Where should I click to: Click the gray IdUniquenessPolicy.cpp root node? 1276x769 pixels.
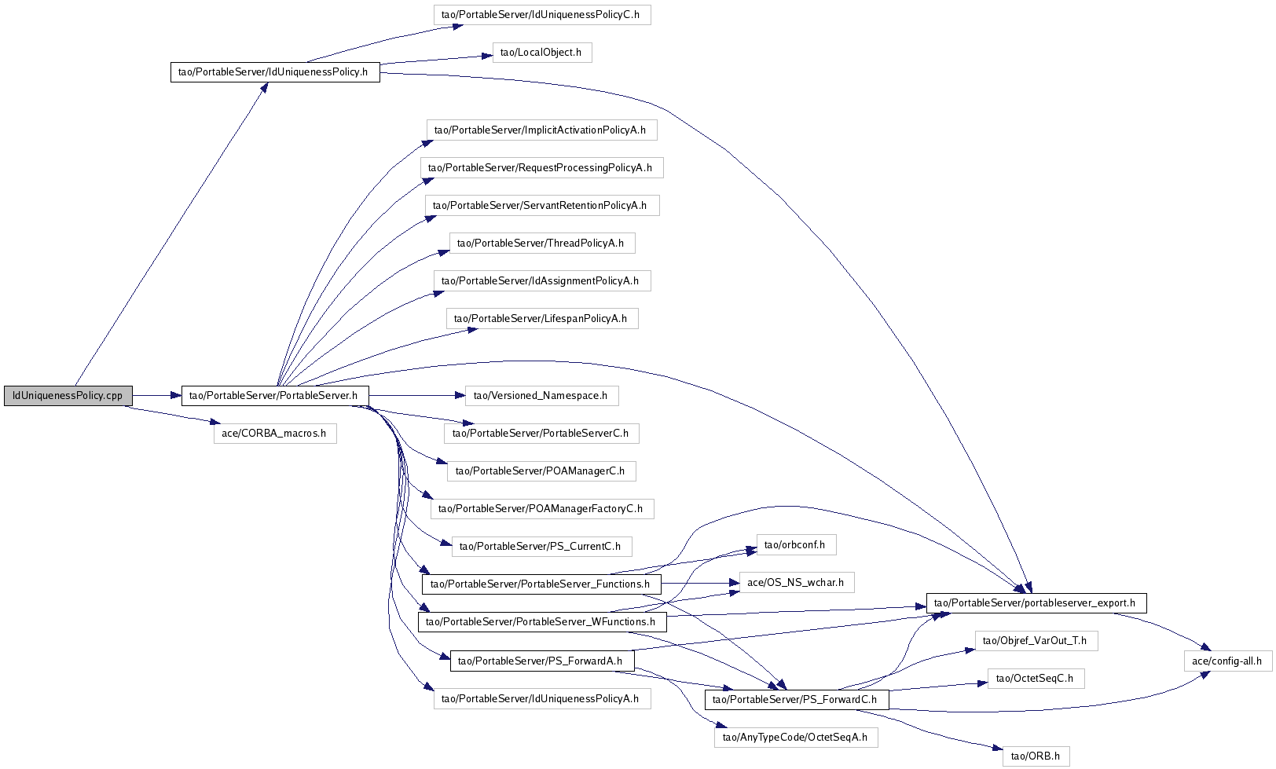pyautogui.click(x=68, y=396)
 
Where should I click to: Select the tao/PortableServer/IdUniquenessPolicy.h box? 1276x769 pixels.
pyautogui.click(x=275, y=72)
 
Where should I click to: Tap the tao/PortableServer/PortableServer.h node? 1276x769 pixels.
pyautogui.click(x=275, y=396)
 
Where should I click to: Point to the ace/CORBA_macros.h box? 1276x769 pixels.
pyautogui.click(x=275, y=434)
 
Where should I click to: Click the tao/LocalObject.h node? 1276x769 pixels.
pyautogui.click(x=542, y=53)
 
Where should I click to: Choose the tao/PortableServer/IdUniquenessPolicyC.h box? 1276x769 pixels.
pyautogui.click(x=542, y=15)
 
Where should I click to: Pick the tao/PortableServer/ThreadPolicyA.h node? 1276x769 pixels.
pyautogui.click(x=542, y=244)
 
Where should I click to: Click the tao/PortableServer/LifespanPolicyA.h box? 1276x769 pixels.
pyautogui.click(x=542, y=318)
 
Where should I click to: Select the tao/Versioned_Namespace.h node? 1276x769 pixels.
pyautogui.click(x=541, y=396)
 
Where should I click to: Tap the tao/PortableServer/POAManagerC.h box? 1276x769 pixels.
pyautogui.click(x=541, y=471)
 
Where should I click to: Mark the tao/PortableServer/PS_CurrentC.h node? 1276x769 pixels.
pyautogui.click(x=541, y=546)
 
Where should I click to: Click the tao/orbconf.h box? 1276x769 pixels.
pyautogui.click(x=797, y=544)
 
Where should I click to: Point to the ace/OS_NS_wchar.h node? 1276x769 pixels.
pyautogui.click(x=797, y=583)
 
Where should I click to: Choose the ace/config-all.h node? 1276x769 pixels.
pyautogui.click(x=1228, y=661)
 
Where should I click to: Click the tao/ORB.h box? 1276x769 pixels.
pyautogui.click(x=1036, y=756)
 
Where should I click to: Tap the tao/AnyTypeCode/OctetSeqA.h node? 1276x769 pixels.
pyautogui.click(x=797, y=738)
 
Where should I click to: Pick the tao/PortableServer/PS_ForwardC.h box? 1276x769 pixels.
pyautogui.click(x=797, y=700)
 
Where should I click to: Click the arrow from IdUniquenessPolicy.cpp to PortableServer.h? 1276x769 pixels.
pyautogui.click(x=157, y=396)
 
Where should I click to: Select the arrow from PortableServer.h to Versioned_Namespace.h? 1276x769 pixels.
pyautogui.click(x=417, y=396)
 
